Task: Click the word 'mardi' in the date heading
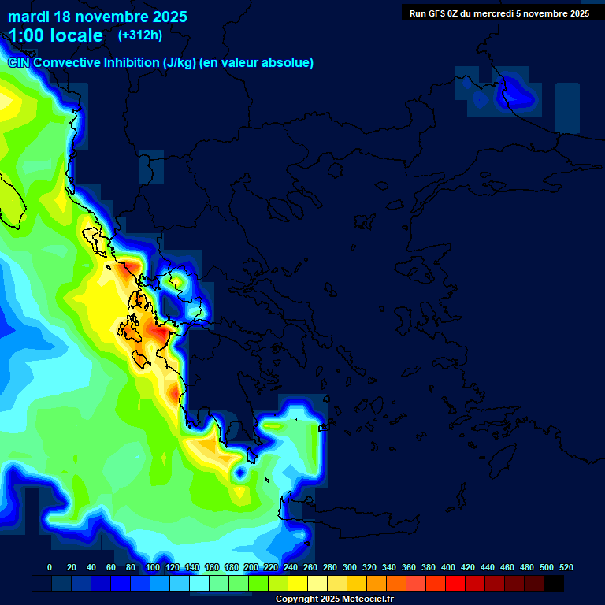pyautogui.click(x=28, y=17)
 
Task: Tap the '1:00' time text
pyautogui.click(x=28, y=35)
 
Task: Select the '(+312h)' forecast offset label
pyautogui.click(x=139, y=35)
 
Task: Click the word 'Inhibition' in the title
pyautogui.click(x=130, y=63)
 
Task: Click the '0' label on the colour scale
pyautogui.click(x=50, y=567)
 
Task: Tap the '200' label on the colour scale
pyautogui.click(x=251, y=567)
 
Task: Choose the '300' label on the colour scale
pyautogui.click(x=350, y=567)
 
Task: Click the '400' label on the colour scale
pyautogui.click(x=448, y=567)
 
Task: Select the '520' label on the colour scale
pyautogui.click(x=566, y=567)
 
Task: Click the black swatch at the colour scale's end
pyautogui.click(x=554, y=584)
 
